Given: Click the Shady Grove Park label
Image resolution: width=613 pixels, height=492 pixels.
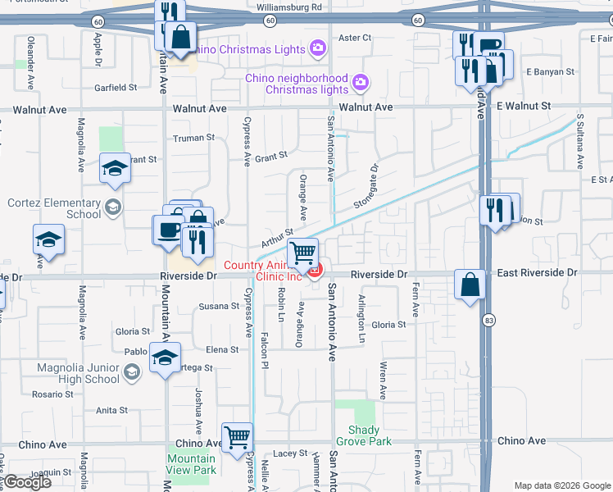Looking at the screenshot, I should click(x=365, y=435).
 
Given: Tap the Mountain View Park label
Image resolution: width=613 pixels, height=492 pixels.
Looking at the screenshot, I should click(x=191, y=464).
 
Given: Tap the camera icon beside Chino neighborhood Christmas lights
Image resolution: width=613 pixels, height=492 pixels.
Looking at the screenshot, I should click(x=359, y=82).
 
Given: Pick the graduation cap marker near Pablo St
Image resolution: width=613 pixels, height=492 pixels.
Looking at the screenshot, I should click(x=166, y=358).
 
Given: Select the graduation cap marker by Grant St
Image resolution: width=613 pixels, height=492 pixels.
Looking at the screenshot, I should click(x=115, y=168).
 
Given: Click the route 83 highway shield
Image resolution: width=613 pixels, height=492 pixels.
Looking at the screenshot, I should click(x=489, y=319).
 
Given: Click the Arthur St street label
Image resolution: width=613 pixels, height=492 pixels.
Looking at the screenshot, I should click(x=277, y=239).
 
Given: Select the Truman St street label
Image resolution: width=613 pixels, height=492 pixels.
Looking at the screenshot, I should click(x=198, y=138).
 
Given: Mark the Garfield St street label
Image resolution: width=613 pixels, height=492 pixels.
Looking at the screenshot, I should click(x=115, y=87).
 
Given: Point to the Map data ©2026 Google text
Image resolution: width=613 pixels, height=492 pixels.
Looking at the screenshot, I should click(x=562, y=485).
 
